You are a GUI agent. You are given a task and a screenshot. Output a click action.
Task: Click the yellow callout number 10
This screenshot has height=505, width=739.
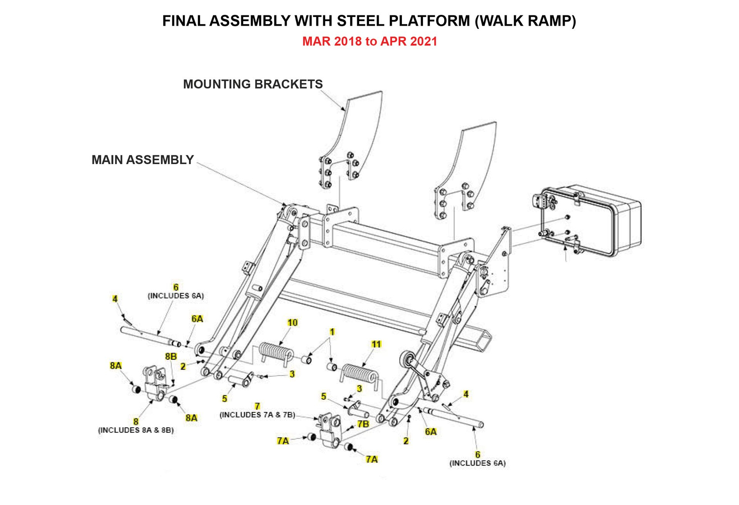293,322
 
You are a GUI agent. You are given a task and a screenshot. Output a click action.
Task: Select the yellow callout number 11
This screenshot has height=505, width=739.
376,344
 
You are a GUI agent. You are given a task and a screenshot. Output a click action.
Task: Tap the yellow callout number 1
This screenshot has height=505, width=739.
332,332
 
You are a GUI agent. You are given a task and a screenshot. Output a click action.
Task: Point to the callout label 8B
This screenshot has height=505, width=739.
171,356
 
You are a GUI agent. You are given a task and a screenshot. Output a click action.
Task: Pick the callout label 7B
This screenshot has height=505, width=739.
363,424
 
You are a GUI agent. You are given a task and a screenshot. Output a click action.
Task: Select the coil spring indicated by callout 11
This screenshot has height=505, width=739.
359,373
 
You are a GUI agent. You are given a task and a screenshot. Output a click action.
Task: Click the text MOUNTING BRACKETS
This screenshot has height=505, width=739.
253,84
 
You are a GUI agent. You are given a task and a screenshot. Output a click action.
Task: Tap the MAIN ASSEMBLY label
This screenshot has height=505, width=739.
142,159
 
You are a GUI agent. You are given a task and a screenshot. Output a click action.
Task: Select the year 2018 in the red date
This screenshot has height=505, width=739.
348,41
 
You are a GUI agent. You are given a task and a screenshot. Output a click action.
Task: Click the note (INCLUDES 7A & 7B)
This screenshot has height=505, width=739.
257,415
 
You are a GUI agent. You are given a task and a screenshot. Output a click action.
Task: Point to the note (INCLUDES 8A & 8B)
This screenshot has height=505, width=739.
136,430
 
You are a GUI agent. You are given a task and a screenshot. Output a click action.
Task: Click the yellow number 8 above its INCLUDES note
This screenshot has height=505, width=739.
136,422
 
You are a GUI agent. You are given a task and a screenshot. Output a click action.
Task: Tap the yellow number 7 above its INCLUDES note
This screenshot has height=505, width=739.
257,406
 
